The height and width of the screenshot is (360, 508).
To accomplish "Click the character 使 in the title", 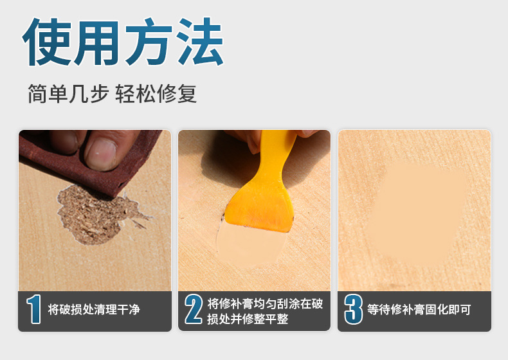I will click(48, 43).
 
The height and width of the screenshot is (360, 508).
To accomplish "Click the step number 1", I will click(33, 310).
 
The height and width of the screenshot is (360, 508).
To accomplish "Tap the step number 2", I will click(193, 310).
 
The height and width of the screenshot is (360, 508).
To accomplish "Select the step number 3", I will click(352, 310).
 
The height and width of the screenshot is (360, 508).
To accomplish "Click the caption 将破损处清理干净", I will click(94, 310).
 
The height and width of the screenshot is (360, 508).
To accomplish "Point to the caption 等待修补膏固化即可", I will click(419, 310).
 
